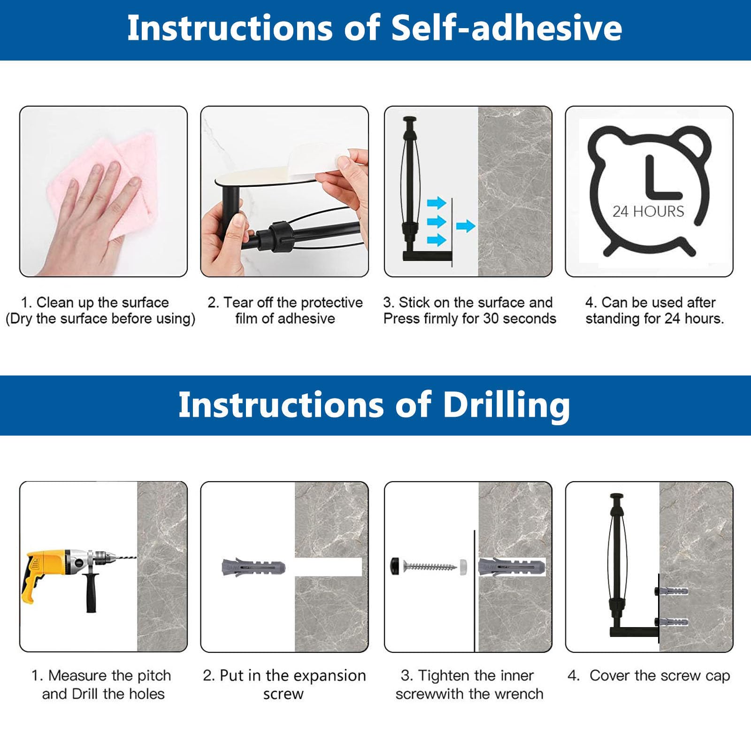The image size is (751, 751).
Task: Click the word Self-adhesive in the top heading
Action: pos(506,28)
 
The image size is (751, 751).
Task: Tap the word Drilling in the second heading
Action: pos(507,405)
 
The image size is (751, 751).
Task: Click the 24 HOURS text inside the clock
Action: pos(648,212)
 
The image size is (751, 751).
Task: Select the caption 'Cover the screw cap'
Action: pos(660,676)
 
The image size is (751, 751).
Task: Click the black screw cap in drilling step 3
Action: pos(396,567)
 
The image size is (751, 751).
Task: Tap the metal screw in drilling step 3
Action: pos(430,567)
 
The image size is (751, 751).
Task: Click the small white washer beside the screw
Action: pos(464,566)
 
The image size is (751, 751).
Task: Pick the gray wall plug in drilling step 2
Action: pos(253,567)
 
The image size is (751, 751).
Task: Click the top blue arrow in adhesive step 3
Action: pos(437,203)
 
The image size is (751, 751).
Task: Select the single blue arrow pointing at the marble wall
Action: pos(466,226)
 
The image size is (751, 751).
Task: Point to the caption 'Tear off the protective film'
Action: pos(285,310)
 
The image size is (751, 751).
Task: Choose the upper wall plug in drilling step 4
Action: pos(672,591)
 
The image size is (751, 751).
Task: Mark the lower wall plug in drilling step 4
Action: pos(672,622)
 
